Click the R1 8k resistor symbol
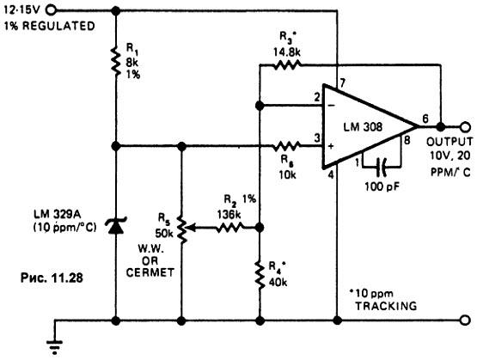[116, 60]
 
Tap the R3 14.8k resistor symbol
[287, 64]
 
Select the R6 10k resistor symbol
[286, 146]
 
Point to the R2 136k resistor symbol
[229, 227]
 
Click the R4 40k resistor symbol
[260, 275]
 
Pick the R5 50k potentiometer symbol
[182, 229]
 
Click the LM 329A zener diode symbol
[116, 225]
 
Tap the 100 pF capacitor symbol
[382, 167]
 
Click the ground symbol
[55, 347]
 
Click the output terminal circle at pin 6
[466, 126]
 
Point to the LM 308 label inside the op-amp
[363, 127]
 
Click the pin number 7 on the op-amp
[343, 82]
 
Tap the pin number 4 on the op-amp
[331, 174]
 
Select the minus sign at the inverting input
[331, 106]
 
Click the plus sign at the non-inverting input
[331, 146]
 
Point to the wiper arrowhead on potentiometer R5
[190, 227]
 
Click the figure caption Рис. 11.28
[52, 278]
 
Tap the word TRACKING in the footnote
[386, 306]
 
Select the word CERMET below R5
[150, 272]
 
